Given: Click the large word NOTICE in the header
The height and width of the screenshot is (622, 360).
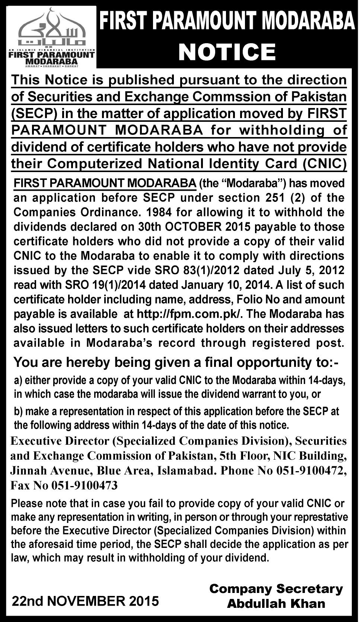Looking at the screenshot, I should pyautogui.click(x=227, y=52).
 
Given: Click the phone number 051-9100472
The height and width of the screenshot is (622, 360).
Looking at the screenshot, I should pyautogui.click(x=309, y=470).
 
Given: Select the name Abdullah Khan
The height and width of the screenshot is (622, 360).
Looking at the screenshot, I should pyautogui.click(x=276, y=603).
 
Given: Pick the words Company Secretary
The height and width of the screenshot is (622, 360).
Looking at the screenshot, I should pyautogui.click(x=276, y=589).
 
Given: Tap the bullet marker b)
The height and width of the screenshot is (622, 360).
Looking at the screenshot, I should pyautogui.click(x=18, y=412).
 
